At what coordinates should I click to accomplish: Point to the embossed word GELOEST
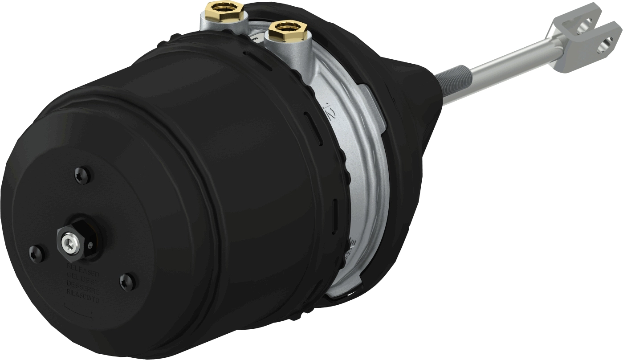[84, 278]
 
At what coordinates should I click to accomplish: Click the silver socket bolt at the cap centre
[68, 242]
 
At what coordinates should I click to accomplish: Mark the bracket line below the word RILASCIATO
[77, 312]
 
